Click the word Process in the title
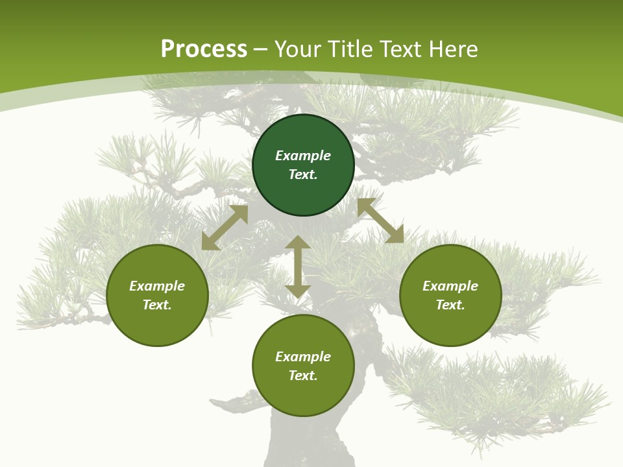point(204,49)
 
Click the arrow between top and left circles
point(225,228)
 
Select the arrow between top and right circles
point(380,221)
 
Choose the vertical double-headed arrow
point(298,267)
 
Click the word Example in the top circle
point(303,156)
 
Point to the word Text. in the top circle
point(303,174)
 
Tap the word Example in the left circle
point(157,286)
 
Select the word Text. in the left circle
point(157,305)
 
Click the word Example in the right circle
point(450,286)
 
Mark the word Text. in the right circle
point(450,305)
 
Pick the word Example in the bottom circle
point(303,357)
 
